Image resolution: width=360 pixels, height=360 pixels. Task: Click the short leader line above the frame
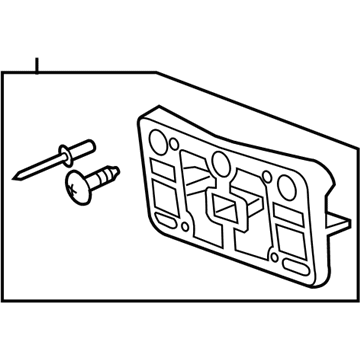(37, 67)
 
